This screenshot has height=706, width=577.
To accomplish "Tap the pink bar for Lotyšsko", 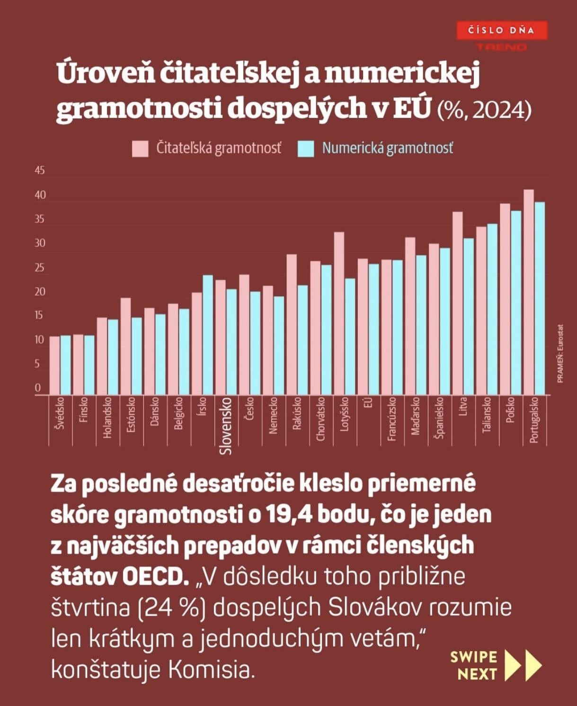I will pyautogui.click(x=339, y=313).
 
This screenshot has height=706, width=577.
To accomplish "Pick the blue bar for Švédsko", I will pyautogui.click(x=65, y=365).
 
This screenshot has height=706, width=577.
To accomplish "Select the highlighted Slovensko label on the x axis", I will pyautogui.click(x=226, y=426).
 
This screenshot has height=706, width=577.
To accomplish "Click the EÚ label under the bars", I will pyautogui.click(x=369, y=402).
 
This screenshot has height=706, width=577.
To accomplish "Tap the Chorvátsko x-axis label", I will pyautogui.click(x=321, y=419).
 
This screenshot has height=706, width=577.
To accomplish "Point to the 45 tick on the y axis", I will pyautogui.click(x=40, y=170).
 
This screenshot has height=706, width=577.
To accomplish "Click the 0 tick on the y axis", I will pyautogui.click(x=38, y=388).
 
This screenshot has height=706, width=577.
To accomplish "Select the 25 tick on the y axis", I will pyautogui.click(x=40, y=268).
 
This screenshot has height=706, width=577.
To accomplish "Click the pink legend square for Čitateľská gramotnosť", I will pyautogui.click(x=140, y=149).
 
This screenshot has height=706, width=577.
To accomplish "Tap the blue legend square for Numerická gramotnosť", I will pyautogui.click(x=306, y=149).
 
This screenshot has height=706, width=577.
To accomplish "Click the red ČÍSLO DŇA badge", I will pyautogui.click(x=501, y=31).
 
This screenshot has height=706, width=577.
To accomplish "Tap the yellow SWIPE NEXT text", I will pyautogui.click(x=473, y=665).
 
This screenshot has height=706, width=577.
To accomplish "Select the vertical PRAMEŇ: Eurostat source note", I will pyautogui.click(x=560, y=353).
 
